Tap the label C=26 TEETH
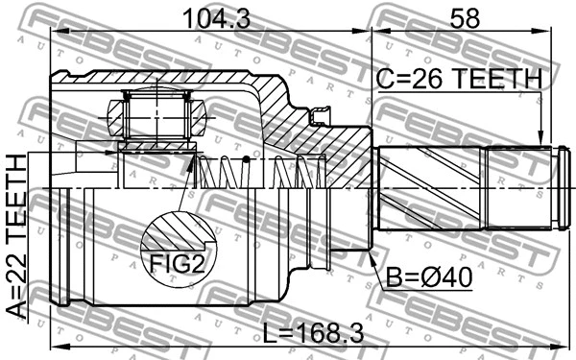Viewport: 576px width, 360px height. pyautogui.click(x=460, y=78)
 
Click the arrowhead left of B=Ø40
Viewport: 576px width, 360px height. pyautogui.click(x=372, y=257)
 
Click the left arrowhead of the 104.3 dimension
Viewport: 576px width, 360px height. pyautogui.click(x=56, y=32)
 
